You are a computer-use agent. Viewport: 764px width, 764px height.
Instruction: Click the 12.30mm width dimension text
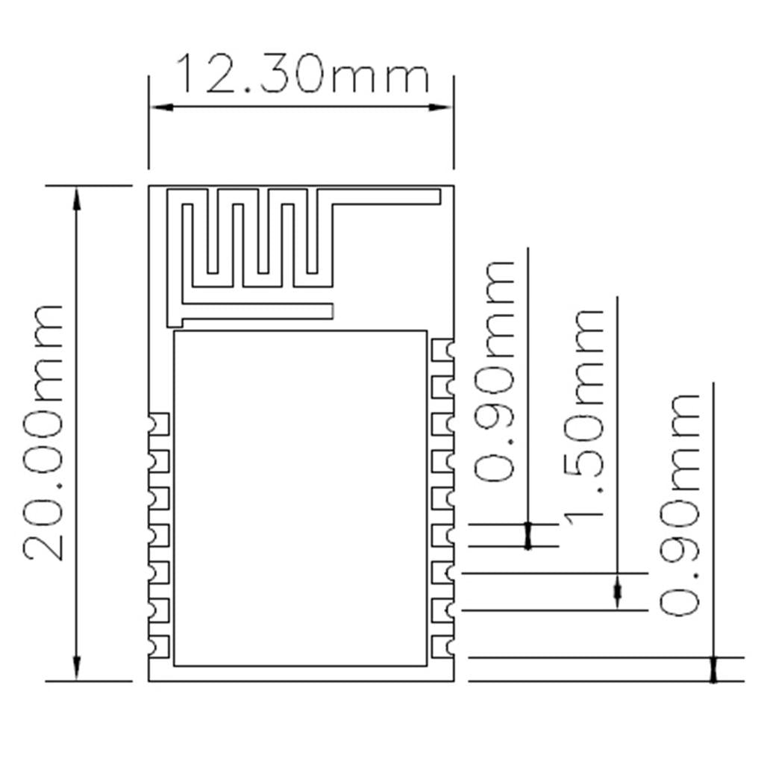pos(302,75)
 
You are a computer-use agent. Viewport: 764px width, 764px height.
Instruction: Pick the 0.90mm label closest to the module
pos(495,371)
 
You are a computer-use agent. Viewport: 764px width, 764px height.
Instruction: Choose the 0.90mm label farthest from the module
pos(680,505)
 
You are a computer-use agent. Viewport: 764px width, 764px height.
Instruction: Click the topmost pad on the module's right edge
pos(443,349)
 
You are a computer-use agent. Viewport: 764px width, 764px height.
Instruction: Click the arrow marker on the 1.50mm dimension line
pos(617,592)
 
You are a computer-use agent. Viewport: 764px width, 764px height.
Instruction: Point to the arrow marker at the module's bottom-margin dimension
pos(713,669)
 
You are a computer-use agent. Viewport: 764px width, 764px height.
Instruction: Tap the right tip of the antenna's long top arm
pos(436,196)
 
